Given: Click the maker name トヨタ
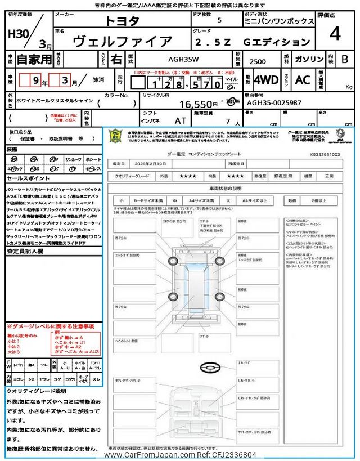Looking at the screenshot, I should pyautogui.click(x=123, y=21).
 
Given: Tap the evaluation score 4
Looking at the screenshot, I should pyautogui.click(x=335, y=34).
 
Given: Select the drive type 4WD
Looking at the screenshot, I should pyautogui.click(x=265, y=80).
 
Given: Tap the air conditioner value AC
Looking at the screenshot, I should pyautogui.click(x=303, y=80).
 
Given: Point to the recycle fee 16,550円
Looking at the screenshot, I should pyautogui.click(x=197, y=104).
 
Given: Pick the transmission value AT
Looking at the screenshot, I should pyautogui.click(x=180, y=120).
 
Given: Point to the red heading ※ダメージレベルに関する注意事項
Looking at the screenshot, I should pyautogui.click(x=50, y=326).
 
